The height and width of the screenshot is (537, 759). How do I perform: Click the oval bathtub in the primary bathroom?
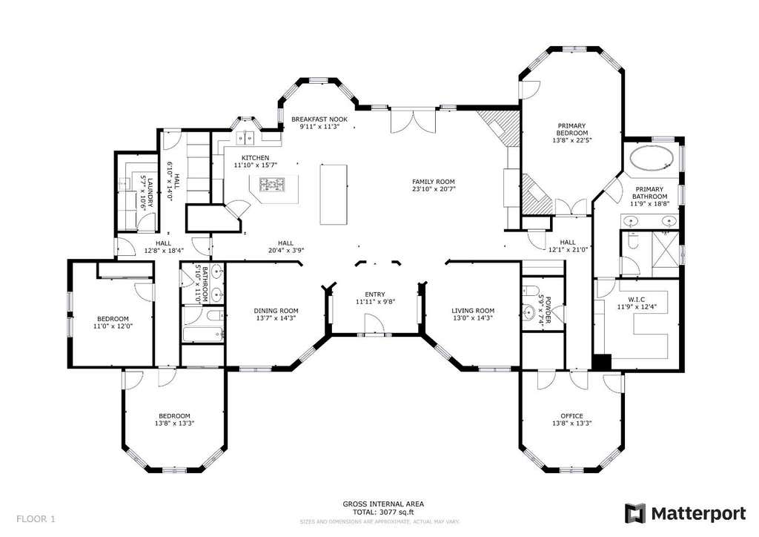tap(652, 158)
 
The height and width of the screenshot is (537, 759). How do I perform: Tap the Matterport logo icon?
tap(634, 514)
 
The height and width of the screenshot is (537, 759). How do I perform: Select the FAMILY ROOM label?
tap(433, 182)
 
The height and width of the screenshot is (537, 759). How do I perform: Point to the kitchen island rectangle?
tap(334, 194)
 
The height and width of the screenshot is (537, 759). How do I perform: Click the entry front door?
tap(374, 323)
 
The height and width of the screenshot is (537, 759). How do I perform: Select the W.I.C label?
tap(637, 300)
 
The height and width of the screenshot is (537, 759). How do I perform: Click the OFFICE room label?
tap(571, 416)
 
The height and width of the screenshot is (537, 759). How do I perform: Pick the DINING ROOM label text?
tap(276, 311)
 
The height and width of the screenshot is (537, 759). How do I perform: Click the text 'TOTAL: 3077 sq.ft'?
tap(383, 512)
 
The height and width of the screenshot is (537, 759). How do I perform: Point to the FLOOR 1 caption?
tap(36, 519)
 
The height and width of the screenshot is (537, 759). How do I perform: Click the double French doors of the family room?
tap(413, 121)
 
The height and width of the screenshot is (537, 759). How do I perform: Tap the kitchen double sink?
tap(245, 139)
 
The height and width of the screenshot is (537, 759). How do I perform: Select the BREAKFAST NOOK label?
tap(319, 119)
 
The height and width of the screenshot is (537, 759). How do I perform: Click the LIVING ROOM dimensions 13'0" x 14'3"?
tap(473, 318)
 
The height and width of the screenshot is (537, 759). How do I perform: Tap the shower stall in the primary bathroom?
tap(666, 247)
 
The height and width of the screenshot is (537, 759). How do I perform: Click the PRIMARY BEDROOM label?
tap(572, 129)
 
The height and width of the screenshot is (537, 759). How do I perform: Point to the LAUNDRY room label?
tap(150, 193)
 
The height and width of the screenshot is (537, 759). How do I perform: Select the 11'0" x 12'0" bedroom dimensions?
tap(113, 326)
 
